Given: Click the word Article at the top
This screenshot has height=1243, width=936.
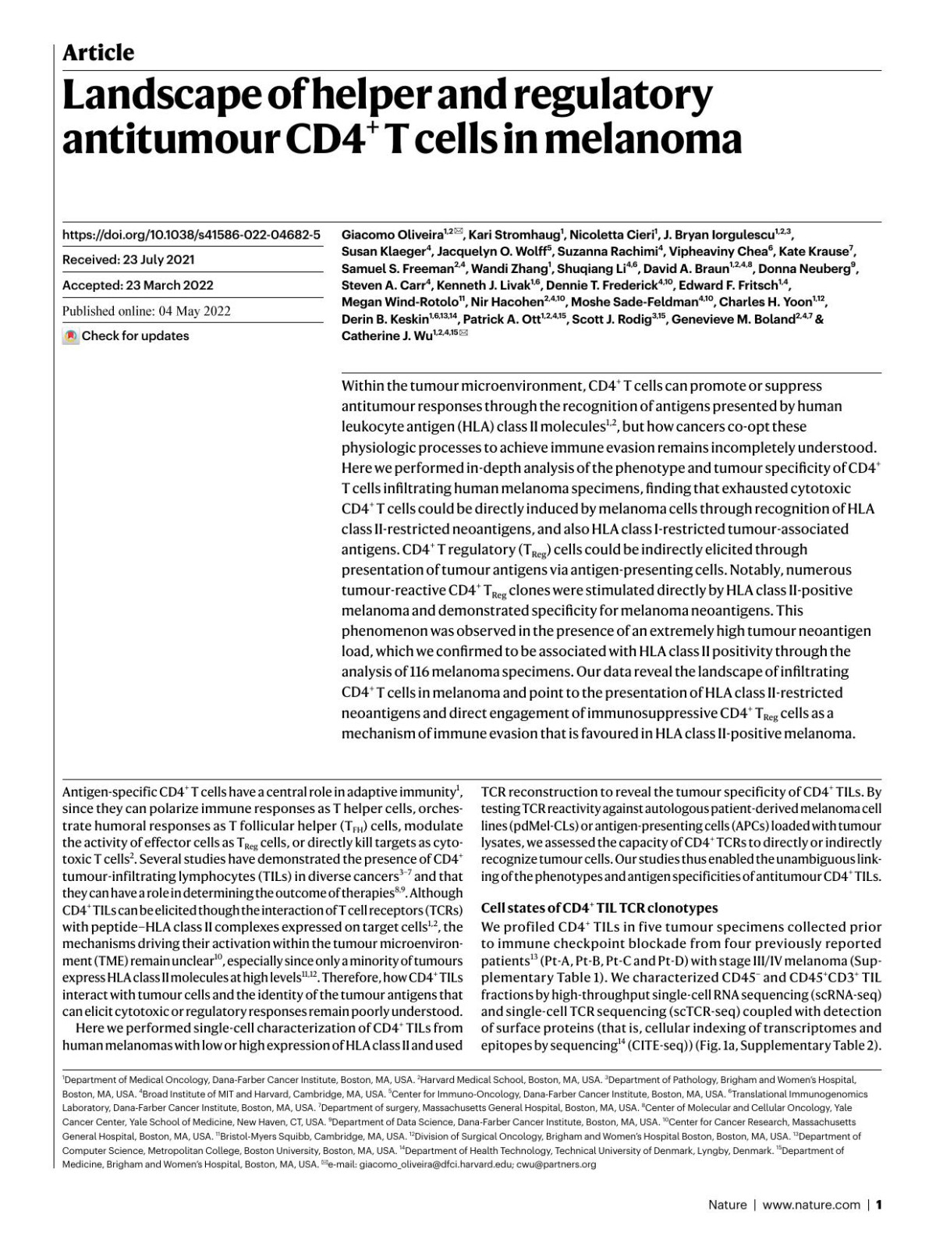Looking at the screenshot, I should (98, 53).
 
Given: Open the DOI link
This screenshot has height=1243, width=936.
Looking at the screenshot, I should (191, 234).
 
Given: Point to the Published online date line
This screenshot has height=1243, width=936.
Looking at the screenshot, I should (147, 311).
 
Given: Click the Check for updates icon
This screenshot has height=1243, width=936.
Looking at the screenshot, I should (71, 336).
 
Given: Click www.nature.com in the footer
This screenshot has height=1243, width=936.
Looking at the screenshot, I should (811, 1205).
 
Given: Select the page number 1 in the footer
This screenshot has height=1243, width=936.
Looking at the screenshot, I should (879, 1205).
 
